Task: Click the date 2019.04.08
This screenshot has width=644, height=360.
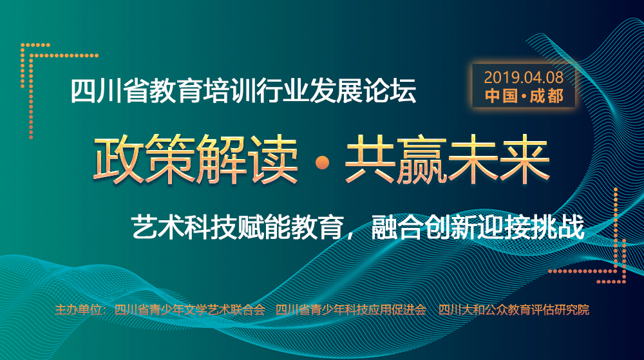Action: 524,77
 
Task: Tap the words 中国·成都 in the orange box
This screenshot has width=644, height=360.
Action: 524,96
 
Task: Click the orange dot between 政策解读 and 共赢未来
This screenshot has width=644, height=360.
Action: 321,163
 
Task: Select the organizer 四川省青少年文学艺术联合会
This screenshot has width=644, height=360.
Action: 190,310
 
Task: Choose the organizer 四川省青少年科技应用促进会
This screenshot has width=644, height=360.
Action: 351,310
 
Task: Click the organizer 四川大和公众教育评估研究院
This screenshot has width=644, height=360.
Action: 514,310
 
